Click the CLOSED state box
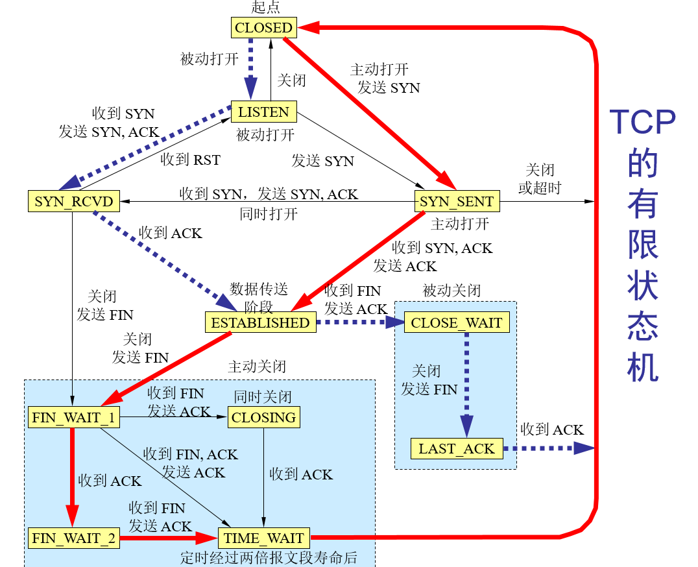coord(263,27)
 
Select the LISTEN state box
coord(263,112)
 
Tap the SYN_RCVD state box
coord(74,201)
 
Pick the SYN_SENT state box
coord(457,201)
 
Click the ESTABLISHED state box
coord(261,322)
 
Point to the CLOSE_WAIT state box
coord(456,322)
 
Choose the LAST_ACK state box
coord(456,448)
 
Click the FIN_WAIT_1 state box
coord(73,417)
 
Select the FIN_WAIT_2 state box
coord(73,538)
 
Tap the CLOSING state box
coord(263,417)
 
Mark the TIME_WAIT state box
coord(263,538)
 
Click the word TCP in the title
coord(642,122)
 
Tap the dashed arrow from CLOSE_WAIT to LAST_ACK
coord(466,383)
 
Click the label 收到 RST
coord(190,160)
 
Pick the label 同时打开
coord(269,213)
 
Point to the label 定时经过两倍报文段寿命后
coord(269,558)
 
